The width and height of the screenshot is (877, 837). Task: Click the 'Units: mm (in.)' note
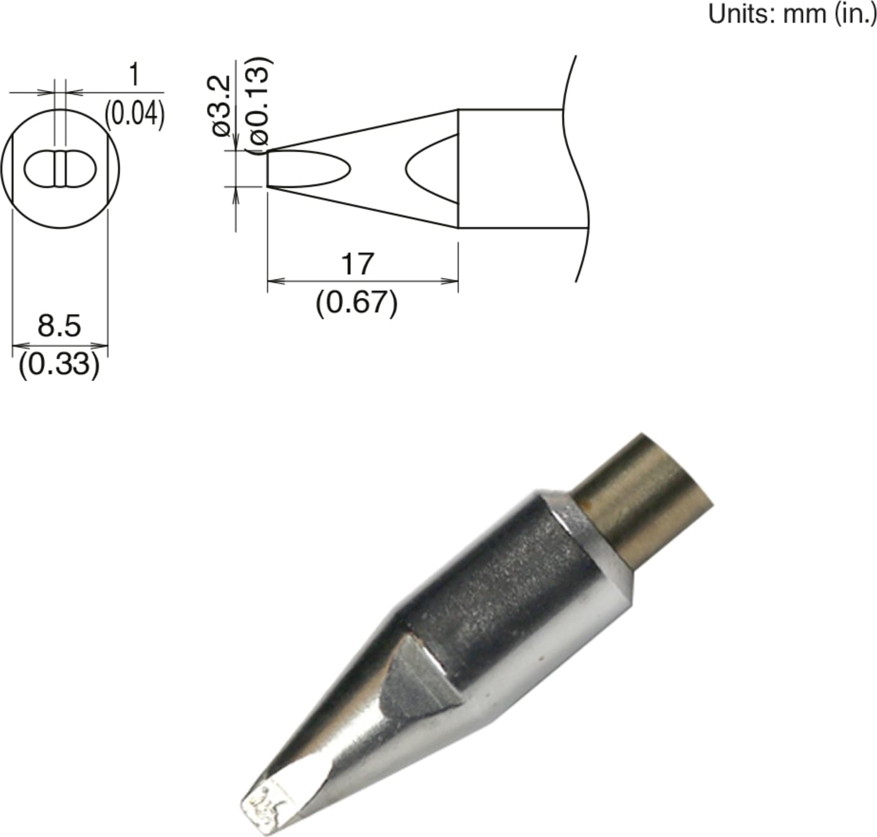point(792,13)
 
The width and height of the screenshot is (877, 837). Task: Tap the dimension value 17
point(357,264)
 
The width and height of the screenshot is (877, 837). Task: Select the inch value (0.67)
point(357,303)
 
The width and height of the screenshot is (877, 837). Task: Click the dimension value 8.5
point(59,326)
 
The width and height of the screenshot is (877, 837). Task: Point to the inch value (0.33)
point(59,365)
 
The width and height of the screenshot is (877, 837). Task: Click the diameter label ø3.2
point(221,104)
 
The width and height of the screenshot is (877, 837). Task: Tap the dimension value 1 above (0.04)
point(134,75)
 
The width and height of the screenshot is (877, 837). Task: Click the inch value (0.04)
point(135,114)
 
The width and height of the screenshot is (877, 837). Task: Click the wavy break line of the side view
point(579,169)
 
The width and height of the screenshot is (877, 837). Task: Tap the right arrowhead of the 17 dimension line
point(452,280)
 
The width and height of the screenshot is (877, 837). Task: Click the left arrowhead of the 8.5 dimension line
point(19,346)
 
